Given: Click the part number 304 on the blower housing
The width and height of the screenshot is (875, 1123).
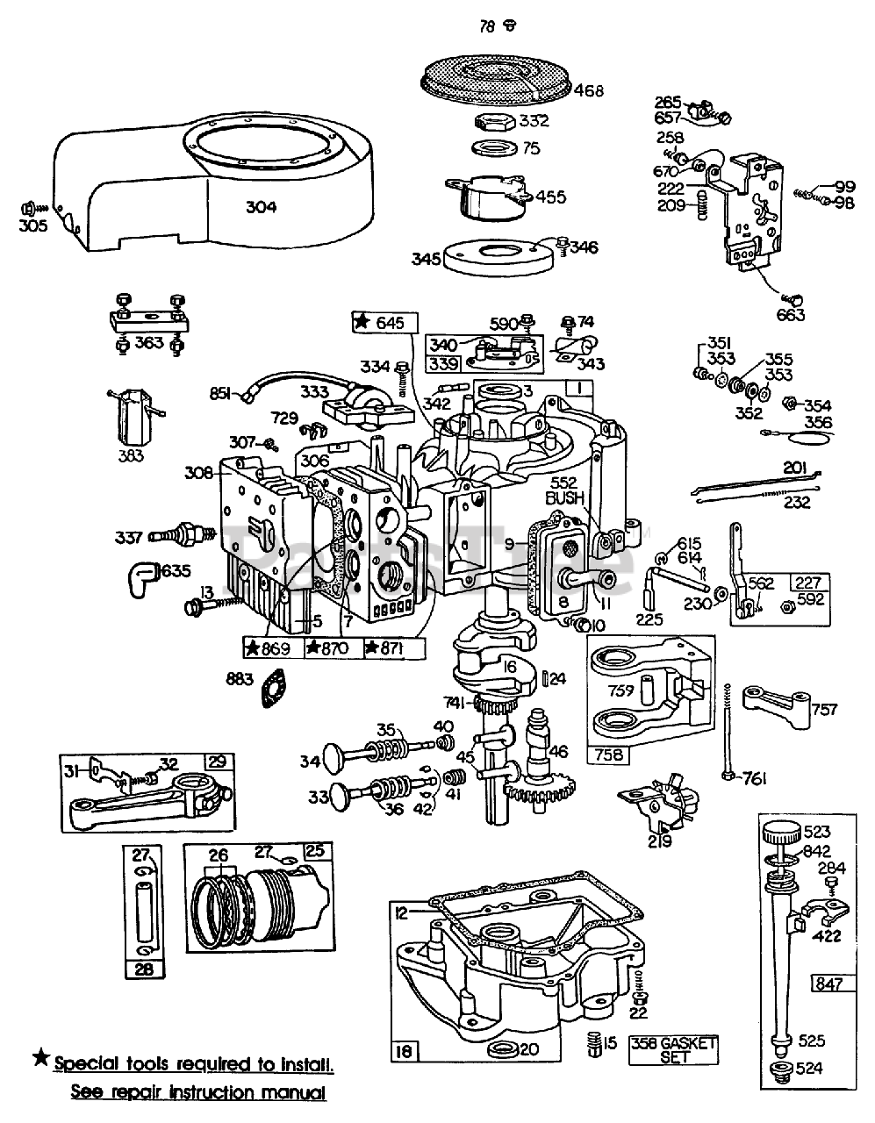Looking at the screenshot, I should (x=261, y=207).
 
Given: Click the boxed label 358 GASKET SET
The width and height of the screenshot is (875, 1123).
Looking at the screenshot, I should (x=673, y=1049).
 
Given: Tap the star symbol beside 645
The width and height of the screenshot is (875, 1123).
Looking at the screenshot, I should (x=361, y=323).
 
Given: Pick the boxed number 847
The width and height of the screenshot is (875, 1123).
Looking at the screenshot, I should (x=828, y=984).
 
